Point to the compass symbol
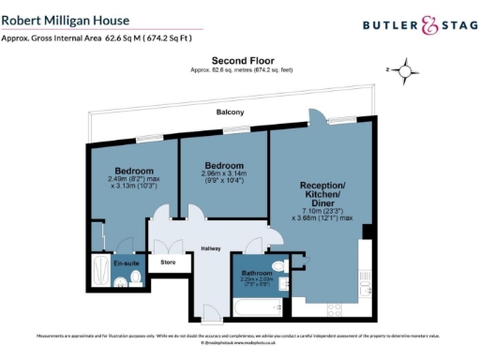(x=405, y=69)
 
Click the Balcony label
(x=230, y=112)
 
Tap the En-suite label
(x=126, y=264)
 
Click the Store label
(x=169, y=262)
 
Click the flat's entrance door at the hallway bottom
(x=213, y=312)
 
